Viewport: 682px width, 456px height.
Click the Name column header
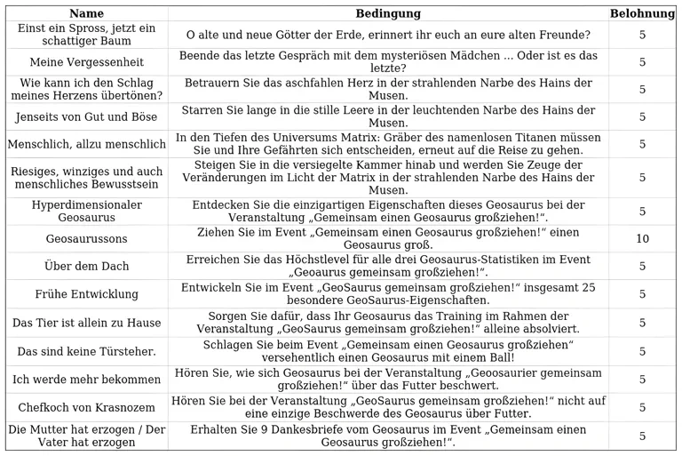point(86,13)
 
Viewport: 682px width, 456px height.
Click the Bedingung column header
point(388,13)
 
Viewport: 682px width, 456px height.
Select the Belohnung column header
point(642,13)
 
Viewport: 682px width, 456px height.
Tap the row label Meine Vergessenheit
point(86,62)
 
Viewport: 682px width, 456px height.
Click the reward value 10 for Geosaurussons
point(642,239)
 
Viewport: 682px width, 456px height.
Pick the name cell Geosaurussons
point(86,239)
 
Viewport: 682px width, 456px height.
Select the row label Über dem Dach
point(86,267)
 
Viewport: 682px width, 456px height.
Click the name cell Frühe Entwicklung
point(86,294)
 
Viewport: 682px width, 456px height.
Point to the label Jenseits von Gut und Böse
point(86,116)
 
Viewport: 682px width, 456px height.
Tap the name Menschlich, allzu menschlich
point(86,144)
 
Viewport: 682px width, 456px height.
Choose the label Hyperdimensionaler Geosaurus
point(86,212)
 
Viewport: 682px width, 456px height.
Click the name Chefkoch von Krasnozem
point(86,407)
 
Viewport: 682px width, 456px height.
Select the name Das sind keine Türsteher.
point(86,351)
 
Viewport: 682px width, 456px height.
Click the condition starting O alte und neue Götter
point(388,35)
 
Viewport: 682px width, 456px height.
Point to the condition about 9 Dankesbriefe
point(388,436)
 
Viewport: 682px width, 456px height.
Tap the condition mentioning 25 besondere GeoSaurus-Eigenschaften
point(388,294)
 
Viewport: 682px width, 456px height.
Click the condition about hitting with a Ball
point(388,351)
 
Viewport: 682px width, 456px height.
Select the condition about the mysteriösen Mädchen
point(388,62)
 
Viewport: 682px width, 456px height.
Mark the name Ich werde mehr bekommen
point(86,380)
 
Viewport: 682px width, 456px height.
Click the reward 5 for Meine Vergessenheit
point(642,62)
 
